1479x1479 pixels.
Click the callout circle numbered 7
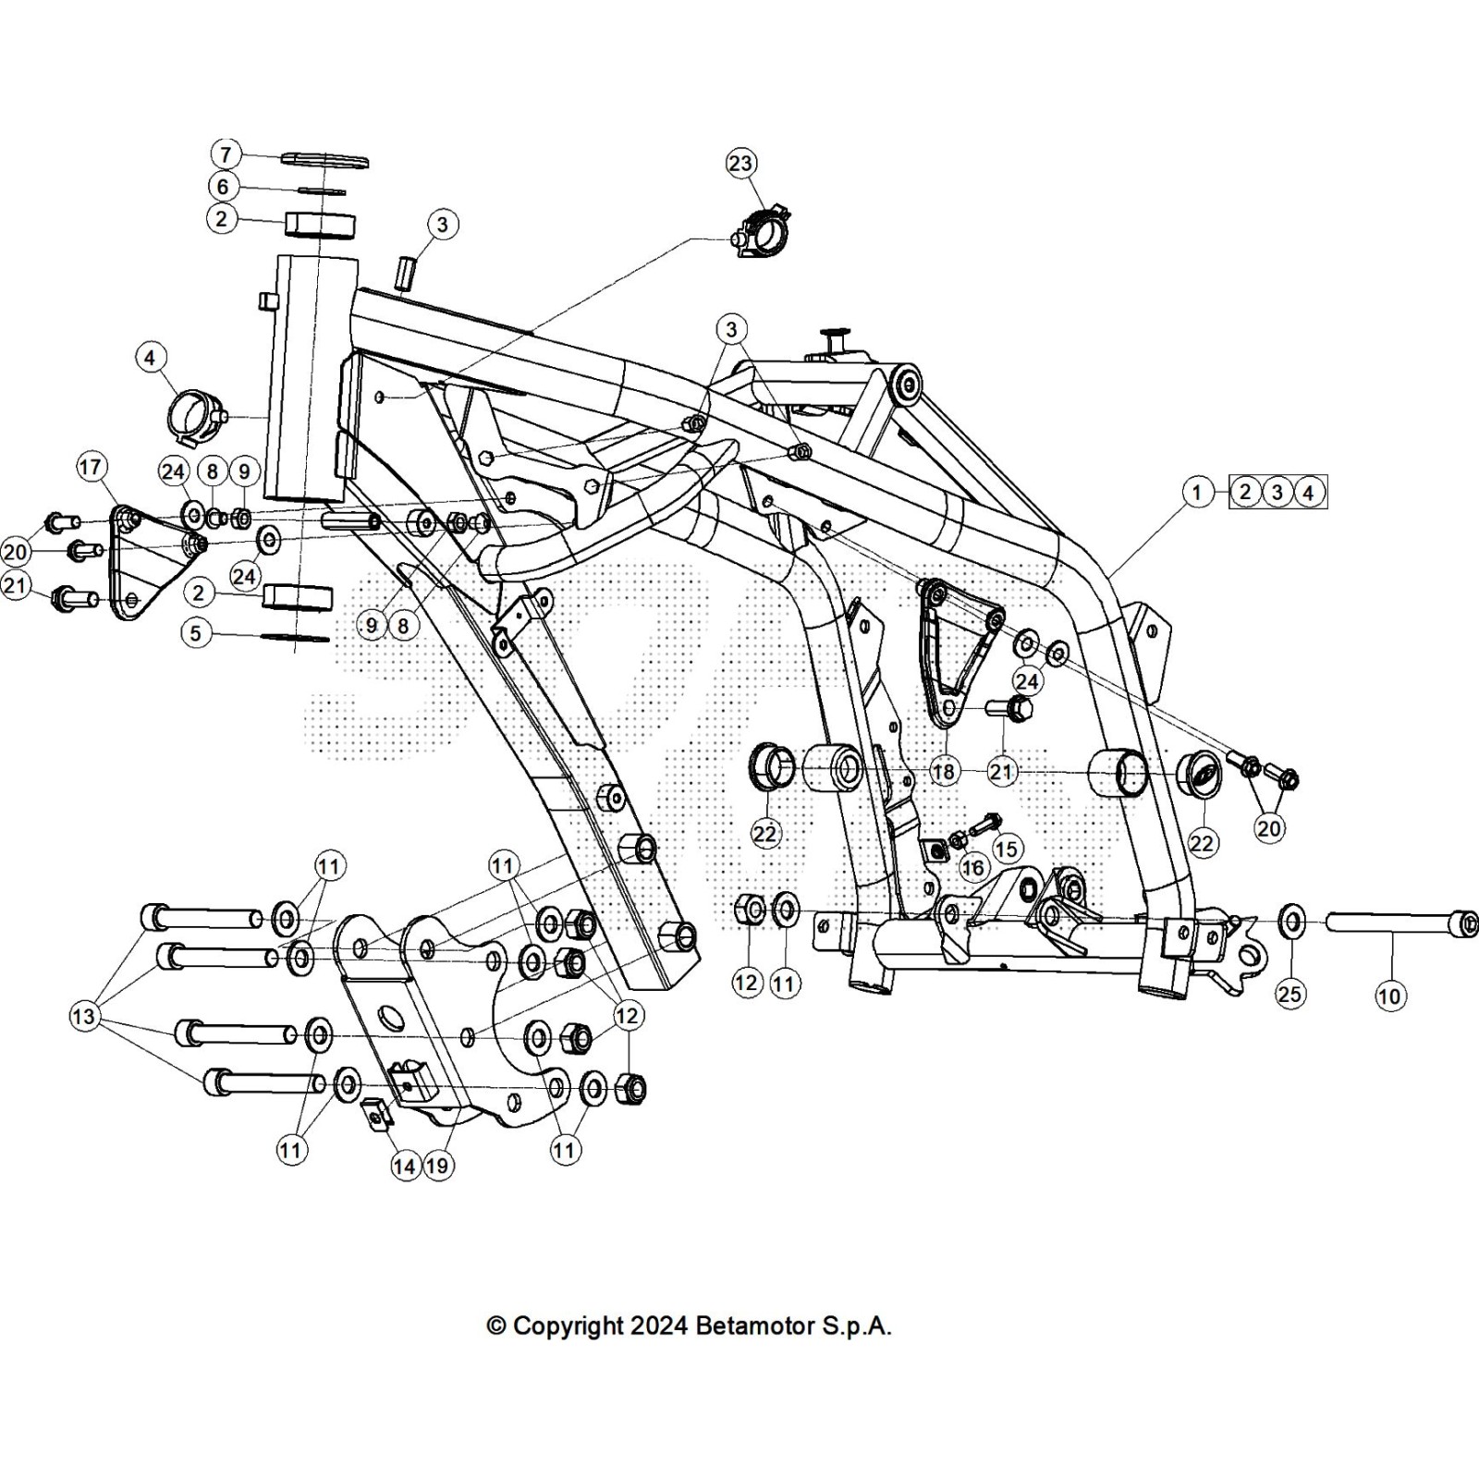[226, 154]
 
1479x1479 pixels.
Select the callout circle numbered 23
[741, 164]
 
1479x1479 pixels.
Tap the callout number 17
[91, 468]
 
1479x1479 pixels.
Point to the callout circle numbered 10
[1389, 996]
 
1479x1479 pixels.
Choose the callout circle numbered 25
[1290, 994]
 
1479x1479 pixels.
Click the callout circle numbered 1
[1197, 492]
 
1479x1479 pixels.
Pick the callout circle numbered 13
[83, 1017]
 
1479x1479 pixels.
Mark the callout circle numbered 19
[437, 1166]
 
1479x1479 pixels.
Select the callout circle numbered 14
[405, 1166]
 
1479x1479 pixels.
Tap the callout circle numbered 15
[1007, 849]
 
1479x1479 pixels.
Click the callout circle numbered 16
[972, 867]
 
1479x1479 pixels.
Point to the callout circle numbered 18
[944, 772]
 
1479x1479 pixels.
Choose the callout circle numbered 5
[196, 633]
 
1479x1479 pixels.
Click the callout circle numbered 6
[223, 187]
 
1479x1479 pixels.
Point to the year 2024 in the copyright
[659, 1326]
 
